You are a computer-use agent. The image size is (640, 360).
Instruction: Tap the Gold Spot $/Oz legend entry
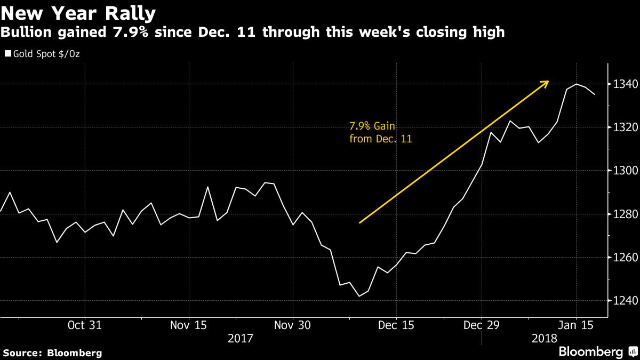(x=42, y=54)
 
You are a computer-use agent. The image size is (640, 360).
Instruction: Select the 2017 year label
(x=241, y=339)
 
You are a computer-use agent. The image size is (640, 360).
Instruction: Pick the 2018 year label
(x=545, y=339)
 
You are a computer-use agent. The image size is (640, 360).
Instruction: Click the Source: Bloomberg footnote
(x=52, y=353)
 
